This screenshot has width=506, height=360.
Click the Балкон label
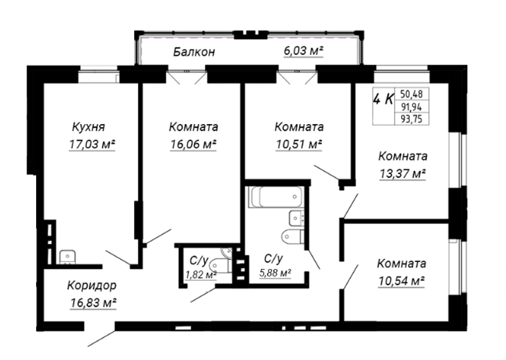pyautogui.click(x=194, y=52)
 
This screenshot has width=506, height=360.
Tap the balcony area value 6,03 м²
pyautogui.click(x=304, y=51)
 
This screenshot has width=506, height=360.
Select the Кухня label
pyautogui.click(x=89, y=127)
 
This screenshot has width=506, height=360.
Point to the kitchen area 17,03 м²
pyautogui.click(x=92, y=144)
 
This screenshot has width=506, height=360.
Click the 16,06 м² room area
pyautogui.click(x=193, y=144)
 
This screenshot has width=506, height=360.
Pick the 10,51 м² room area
pyautogui.click(x=299, y=144)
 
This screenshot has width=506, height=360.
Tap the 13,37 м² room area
pyautogui.click(x=402, y=174)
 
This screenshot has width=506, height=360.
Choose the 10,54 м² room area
pyautogui.click(x=401, y=281)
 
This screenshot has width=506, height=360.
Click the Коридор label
pyautogui.click(x=92, y=285)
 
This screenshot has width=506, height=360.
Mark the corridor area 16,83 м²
pyautogui.click(x=93, y=303)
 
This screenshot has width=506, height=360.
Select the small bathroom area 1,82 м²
pyautogui.click(x=201, y=275)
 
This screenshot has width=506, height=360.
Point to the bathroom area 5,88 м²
pyautogui.click(x=275, y=273)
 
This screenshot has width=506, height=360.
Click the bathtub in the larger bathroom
pyautogui.click(x=276, y=197)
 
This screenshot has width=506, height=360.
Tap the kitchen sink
pyautogui.click(x=68, y=257)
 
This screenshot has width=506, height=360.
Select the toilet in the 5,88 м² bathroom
pyautogui.click(x=292, y=237)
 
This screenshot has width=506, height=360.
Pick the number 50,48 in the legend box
pyautogui.click(x=411, y=94)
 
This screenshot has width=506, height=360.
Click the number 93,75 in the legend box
pyautogui.click(x=411, y=119)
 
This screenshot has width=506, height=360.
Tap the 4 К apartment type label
pyautogui.click(x=383, y=99)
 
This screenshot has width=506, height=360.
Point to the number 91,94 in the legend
pyautogui.click(x=411, y=106)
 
